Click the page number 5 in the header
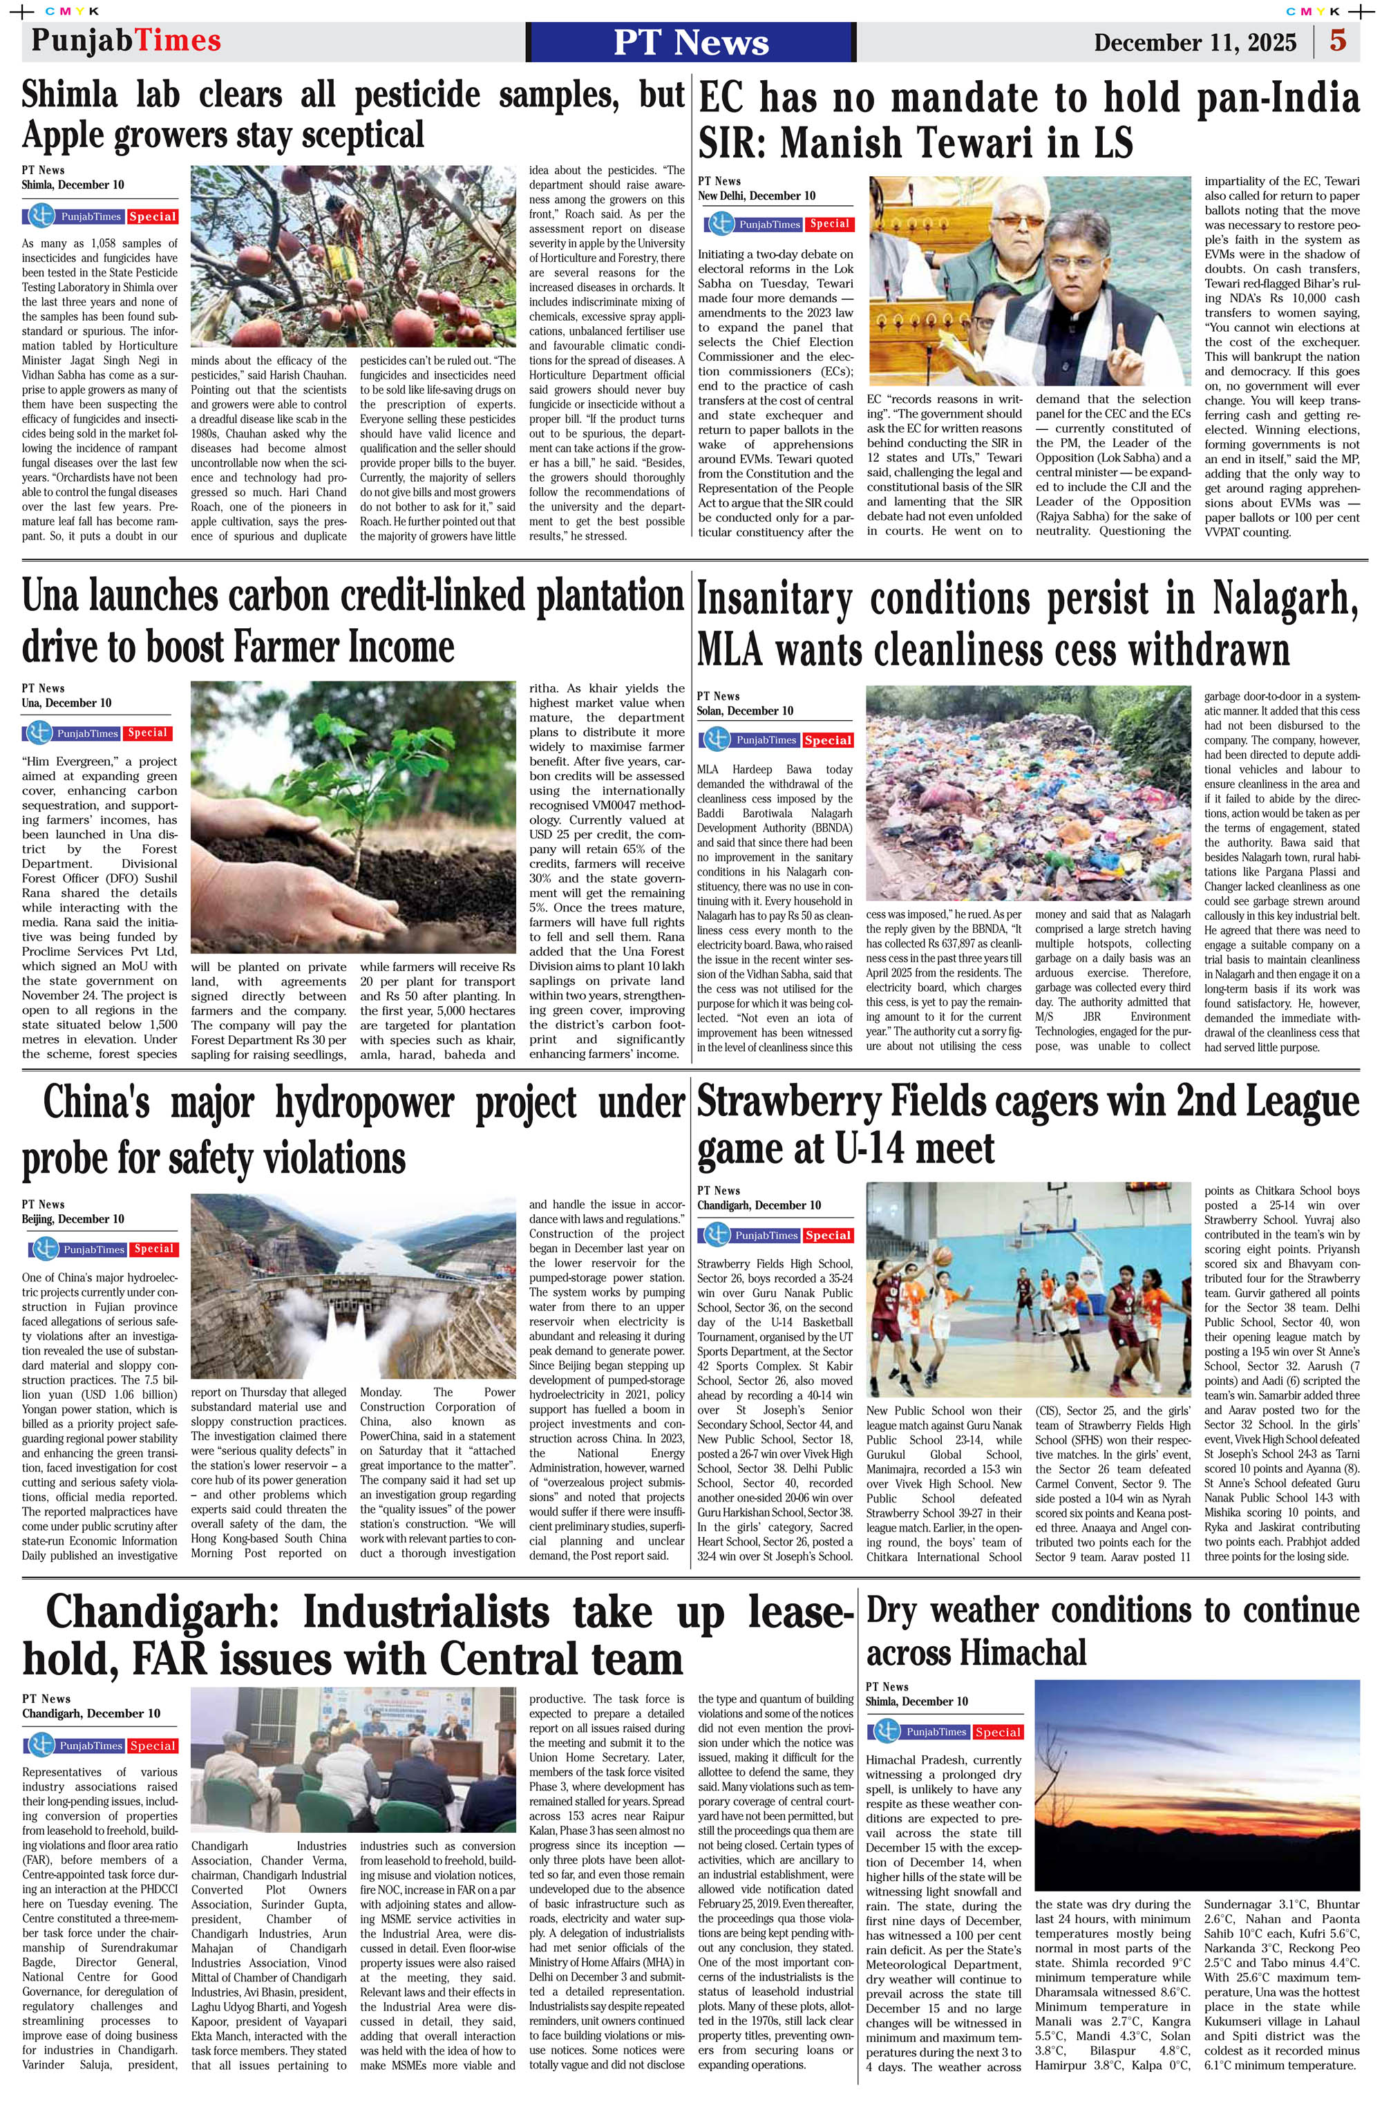coord(1338,41)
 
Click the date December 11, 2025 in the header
coord(1195,43)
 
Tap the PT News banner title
coord(690,41)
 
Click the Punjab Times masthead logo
coord(125,41)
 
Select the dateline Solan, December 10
coord(744,710)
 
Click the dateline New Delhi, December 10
coord(756,196)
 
